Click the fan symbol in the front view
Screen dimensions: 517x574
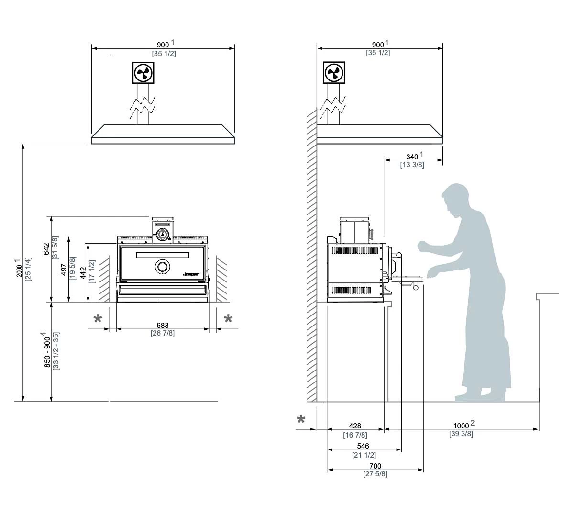click(x=143, y=73)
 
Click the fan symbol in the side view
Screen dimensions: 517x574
click(x=334, y=73)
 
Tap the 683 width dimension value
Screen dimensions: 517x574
click(x=163, y=326)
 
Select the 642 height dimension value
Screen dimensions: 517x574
click(x=46, y=249)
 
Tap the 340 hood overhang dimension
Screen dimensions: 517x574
click(x=412, y=157)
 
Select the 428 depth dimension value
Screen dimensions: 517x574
click(x=355, y=426)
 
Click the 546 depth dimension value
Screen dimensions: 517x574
click(x=363, y=446)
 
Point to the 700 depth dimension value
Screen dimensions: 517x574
click(x=375, y=466)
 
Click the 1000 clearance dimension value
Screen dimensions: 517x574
click(x=461, y=426)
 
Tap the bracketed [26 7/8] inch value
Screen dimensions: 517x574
click(x=163, y=333)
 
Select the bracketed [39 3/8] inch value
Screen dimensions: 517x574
click(x=461, y=434)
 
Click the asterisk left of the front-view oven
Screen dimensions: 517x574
click(x=98, y=319)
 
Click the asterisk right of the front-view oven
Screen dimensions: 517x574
click(x=228, y=319)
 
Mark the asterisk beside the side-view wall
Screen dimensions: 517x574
click(x=301, y=420)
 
